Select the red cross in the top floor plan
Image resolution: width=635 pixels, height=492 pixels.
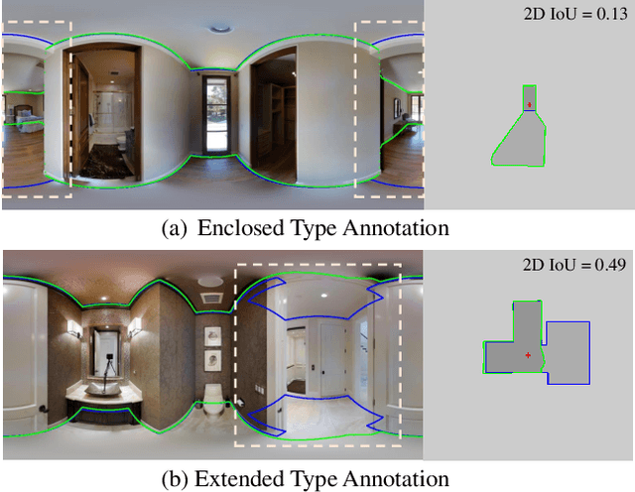tap(530, 104)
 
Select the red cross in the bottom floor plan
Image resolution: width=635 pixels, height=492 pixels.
tap(528, 354)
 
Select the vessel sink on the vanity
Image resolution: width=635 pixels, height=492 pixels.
tap(98, 388)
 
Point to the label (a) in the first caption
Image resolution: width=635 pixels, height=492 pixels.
tap(175, 228)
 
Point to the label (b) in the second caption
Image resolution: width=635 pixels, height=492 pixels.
tap(175, 477)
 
